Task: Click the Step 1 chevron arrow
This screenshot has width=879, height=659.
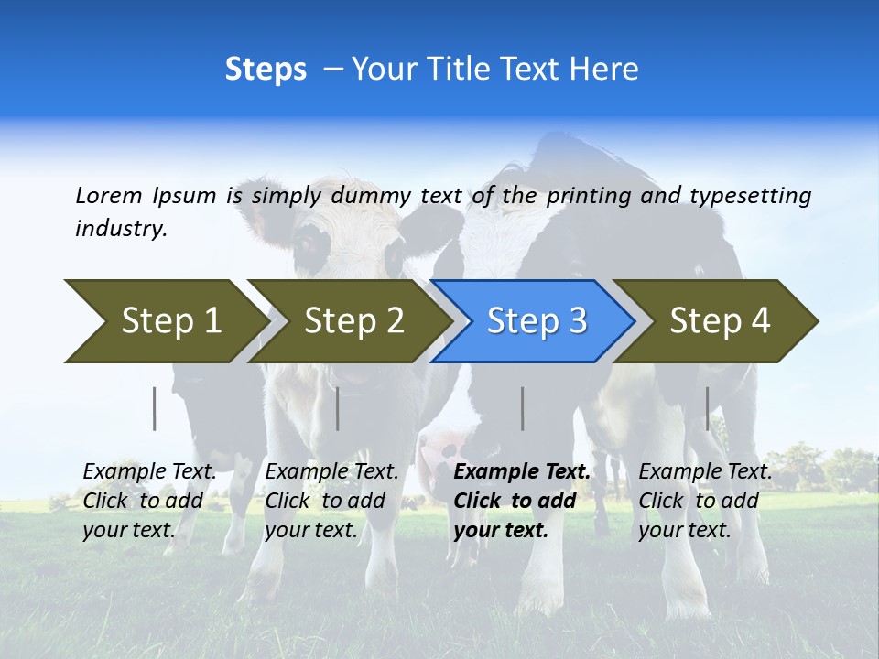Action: tap(165, 321)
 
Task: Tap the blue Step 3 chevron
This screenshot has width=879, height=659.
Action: tap(534, 321)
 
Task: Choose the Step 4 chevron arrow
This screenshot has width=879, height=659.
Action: tap(717, 321)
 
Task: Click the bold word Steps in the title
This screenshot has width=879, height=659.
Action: tap(266, 70)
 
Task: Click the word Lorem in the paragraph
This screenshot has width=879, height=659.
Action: tap(108, 196)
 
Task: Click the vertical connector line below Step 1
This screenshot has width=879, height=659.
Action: tap(155, 408)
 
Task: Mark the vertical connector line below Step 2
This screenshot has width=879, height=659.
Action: tap(338, 408)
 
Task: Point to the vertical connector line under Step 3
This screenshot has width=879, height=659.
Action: tap(523, 408)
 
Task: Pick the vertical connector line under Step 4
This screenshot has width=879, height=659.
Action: tap(707, 408)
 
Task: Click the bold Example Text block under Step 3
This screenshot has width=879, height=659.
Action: tap(521, 501)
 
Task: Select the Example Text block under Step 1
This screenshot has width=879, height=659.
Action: tap(149, 501)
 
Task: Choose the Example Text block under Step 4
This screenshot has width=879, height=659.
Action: tap(704, 501)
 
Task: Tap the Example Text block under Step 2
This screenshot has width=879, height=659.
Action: tap(331, 501)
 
